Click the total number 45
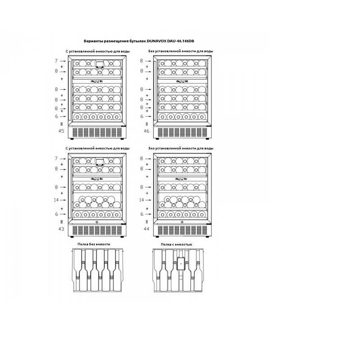tap(61, 131)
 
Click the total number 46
tap(147, 131)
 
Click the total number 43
tap(61, 229)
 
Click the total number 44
tap(147, 229)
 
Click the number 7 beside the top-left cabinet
tap(56, 61)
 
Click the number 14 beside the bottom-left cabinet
tap(56, 200)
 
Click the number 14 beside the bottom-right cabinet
tap(141, 200)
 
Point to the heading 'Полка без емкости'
tap(94, 244)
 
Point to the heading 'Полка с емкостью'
tap(176, 244)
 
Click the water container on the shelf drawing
tap(181, 263)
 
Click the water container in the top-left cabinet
tap(99, 64)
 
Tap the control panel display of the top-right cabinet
tap(181, 81)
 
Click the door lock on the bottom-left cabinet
tap(97, 222)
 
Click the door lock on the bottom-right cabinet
tap(182, 222)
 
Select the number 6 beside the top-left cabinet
tap(57, 117)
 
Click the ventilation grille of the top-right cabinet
tap(182, 132)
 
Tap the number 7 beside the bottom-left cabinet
tap(56, 159)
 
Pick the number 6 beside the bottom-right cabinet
tap(142, 214)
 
